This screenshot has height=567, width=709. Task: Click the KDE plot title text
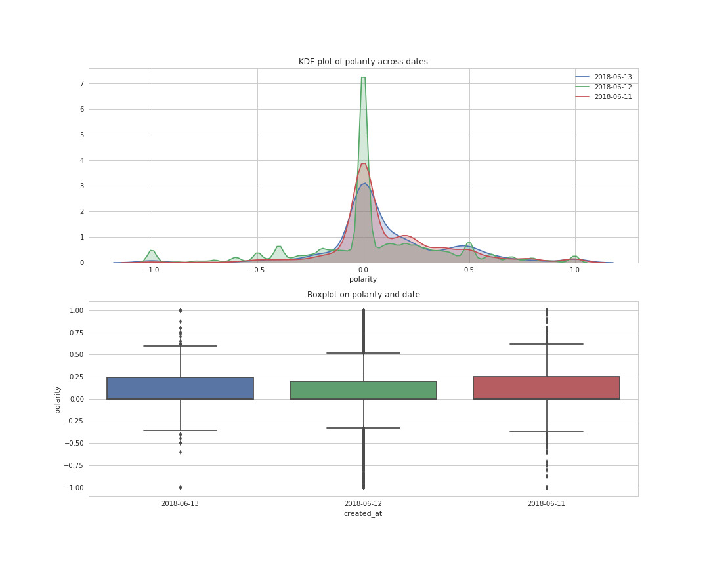363,62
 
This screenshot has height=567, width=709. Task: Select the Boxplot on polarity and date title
363,295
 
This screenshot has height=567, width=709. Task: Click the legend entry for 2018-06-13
612,77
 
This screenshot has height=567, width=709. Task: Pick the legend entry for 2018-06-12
612,87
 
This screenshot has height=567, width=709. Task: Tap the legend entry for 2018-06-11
612,97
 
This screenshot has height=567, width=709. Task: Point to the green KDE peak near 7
363,78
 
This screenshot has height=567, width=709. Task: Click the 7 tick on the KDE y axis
82,83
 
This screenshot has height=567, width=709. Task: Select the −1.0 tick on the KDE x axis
151,269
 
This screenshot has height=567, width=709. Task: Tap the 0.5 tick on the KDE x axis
469,269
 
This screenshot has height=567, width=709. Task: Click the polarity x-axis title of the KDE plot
363,280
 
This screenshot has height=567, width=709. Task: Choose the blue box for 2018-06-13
180,388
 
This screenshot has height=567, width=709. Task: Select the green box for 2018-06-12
363,390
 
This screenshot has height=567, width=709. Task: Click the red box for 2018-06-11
546,388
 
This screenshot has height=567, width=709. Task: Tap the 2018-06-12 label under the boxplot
363,503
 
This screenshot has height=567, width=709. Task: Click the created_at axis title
363,513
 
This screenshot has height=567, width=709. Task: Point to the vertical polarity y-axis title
58,399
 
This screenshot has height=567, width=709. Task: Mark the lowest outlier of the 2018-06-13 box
180,488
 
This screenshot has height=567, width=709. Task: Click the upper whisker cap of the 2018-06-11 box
546,344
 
